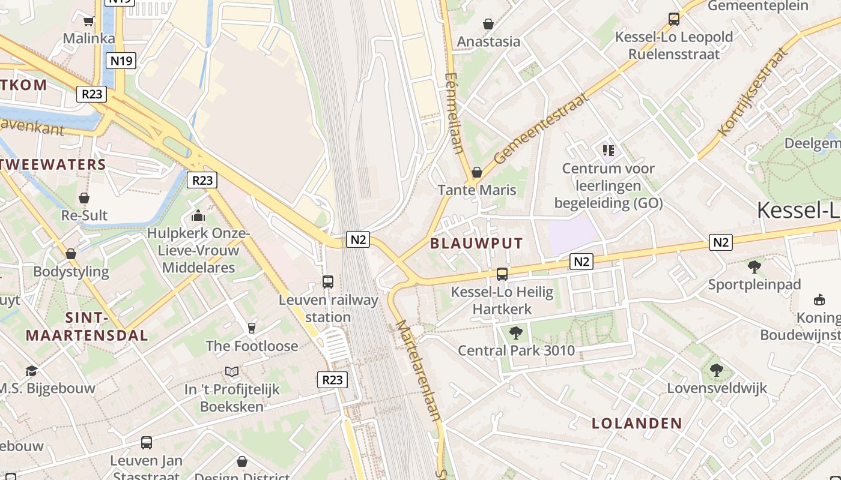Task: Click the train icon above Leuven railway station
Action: (x=328, y=281)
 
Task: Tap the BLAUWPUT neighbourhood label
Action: (x=476, y=243)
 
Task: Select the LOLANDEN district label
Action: (x=637, y=423)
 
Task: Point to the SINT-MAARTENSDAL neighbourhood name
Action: (x=87, y=326)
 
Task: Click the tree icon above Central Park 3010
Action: (x=515, y=332)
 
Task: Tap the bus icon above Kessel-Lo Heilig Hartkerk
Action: (x=502, y=274)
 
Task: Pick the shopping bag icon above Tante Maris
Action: (x=477, y=172)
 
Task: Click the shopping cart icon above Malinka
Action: (x=89, y=21)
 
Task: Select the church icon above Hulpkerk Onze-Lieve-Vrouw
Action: (x=198, y=215)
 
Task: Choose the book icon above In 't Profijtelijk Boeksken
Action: (x=232, y=371)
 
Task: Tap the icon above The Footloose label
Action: (x=252, y=328)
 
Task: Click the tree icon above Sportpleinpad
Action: (x=754, y=266)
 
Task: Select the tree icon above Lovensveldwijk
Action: (x=716, y=370)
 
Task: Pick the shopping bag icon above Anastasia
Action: (x=488, y=24)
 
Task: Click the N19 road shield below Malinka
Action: (x=122, y=60)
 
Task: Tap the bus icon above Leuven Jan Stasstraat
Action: (x=147, y=443)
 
